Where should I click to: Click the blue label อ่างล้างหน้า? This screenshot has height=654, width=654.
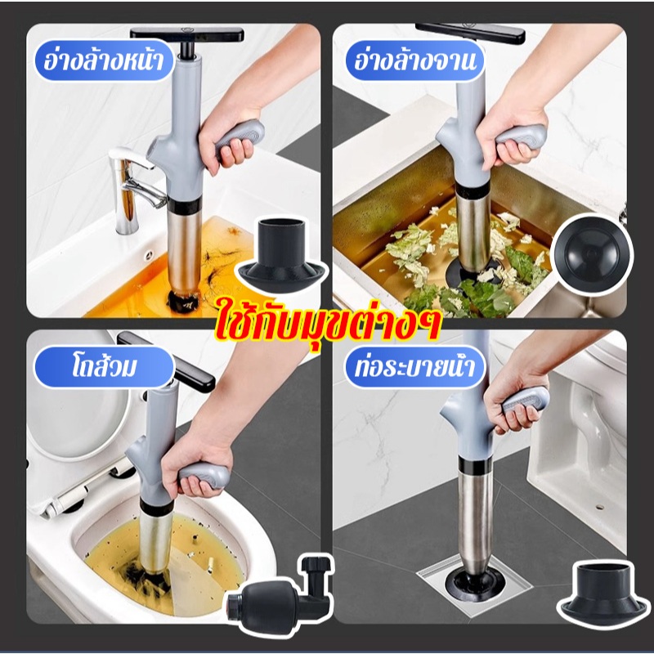click(104, 60)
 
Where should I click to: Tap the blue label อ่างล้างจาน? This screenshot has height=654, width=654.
click(414, 60)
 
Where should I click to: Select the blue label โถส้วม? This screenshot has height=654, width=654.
click(104, 367)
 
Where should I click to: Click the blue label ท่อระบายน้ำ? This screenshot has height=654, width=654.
click(414, 367)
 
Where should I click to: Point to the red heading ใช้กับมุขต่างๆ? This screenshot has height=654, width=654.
click(328, 325)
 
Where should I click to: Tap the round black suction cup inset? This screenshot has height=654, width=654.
click(592, 254)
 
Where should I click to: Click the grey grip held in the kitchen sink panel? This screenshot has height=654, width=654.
click(521, 137)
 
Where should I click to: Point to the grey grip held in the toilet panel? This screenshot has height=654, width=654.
click(204, 476)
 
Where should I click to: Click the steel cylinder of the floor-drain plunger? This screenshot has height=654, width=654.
click(475, 521)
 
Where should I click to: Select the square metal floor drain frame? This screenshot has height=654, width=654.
click(474, 583)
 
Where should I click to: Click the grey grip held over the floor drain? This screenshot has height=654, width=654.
click(526, 400)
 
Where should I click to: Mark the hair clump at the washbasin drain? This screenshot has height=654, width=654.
click(185, 300)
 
